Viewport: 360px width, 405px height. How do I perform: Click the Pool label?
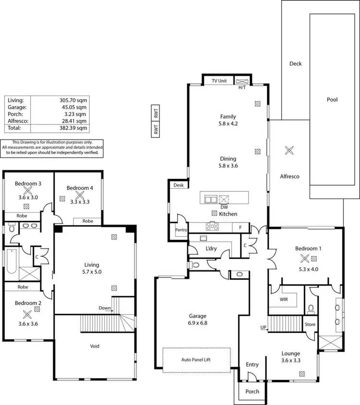(332, 100)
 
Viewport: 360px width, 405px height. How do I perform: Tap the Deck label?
(296, 63)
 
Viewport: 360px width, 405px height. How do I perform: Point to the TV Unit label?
(219, 81)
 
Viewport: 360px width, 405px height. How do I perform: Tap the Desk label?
(179, 185)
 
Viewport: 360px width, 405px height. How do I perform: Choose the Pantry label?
(181, 230)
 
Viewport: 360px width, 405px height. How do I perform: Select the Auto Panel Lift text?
(196, 359)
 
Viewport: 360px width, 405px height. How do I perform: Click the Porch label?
(252, 392)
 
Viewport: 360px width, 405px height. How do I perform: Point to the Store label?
(310, 324)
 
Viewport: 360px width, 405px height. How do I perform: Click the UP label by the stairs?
(263, 328)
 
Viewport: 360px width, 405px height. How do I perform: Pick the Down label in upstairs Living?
(105, 308)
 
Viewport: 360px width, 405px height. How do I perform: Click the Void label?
(95, 345)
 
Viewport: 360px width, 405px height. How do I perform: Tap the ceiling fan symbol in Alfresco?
(289, 150)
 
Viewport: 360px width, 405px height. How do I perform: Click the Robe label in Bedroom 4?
(87, 221)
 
